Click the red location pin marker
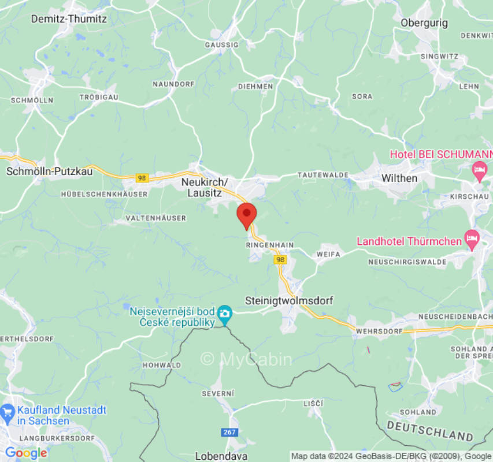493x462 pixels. [247, 215]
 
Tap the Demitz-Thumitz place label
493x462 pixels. [69, 18]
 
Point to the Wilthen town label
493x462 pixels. [399, 178]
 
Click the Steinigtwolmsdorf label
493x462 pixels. [289, 300]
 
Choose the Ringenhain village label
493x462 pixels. [270, 245]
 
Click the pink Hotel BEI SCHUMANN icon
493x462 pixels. [479, 171]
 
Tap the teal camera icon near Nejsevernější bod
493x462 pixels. [224, 315]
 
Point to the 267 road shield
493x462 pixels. [229, 432]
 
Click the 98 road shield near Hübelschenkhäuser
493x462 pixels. [142, 178]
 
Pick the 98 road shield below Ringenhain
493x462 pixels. [280, 260]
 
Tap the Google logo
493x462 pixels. [26, 453]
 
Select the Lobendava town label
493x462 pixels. [221, 456]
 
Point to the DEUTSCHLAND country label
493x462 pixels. [430, 430]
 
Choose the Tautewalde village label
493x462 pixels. [323, 174]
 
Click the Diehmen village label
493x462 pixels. [255, 87]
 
